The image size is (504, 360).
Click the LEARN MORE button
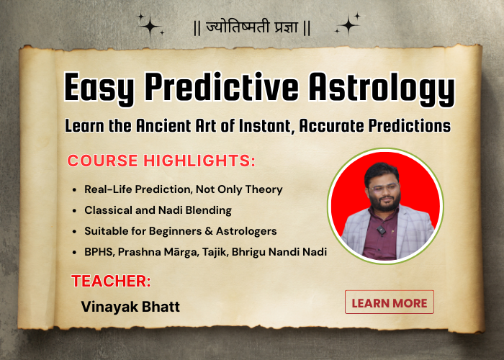[390, 302]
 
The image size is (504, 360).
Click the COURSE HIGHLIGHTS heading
[161, 161]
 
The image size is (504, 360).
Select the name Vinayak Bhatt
[130, 306]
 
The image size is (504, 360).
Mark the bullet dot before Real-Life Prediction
[76, 189]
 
